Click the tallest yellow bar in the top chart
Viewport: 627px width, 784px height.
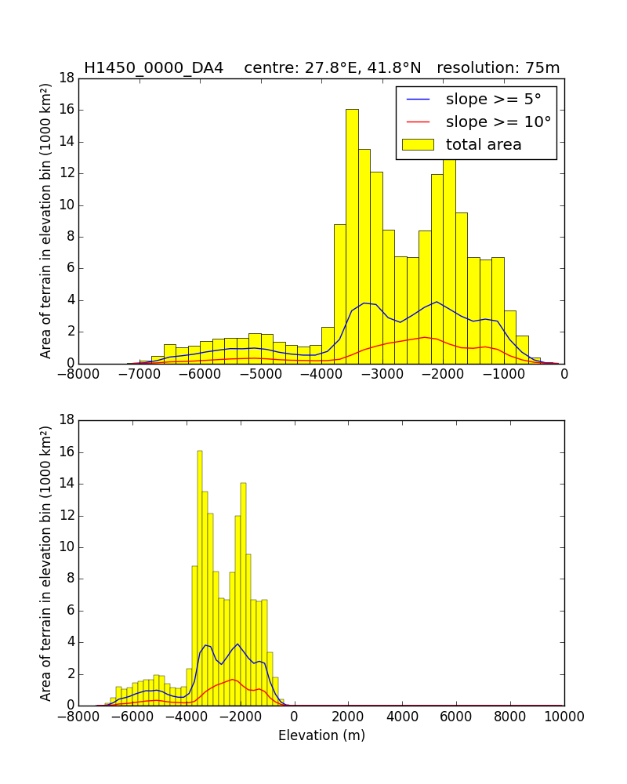[x=352, y=235]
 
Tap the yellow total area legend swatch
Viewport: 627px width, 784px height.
[x=417, y=144]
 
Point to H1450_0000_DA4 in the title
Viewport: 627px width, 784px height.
[x=154, y=68]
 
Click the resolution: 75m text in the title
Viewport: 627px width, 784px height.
[x=498, y=68]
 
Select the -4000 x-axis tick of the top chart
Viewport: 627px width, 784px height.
[x=321, y=374]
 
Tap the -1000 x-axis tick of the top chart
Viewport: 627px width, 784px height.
[x=503, y=374]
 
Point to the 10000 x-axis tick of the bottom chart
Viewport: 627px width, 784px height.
[x=564, y=716]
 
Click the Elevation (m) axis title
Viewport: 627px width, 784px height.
[x=321, y=735]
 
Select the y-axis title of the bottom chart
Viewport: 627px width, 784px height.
[x=46, y=563]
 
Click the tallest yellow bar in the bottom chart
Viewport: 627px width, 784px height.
[x=200, y=580]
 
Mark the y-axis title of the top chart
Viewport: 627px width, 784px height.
[x=46, y=221]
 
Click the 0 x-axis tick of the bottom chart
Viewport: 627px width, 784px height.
[x=294, y=716]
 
